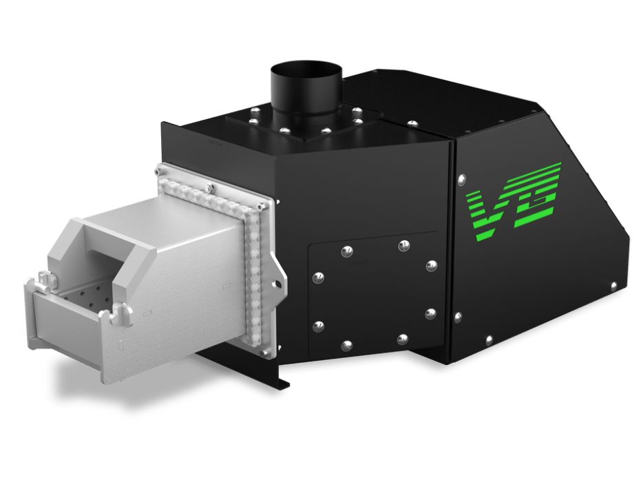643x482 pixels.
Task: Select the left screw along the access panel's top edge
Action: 347,250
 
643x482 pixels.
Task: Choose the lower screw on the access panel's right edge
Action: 430,313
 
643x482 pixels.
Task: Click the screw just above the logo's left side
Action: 461,180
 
